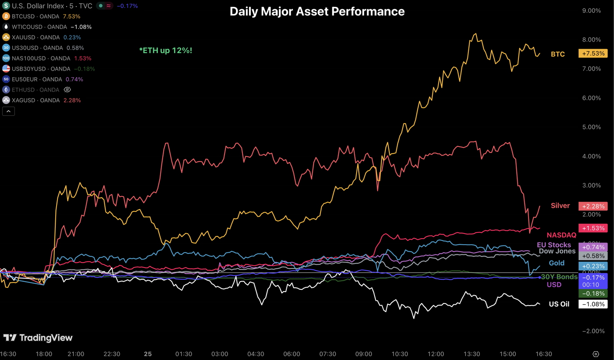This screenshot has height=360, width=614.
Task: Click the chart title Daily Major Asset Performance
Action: tap(317, 11)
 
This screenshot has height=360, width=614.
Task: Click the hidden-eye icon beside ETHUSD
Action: tap(67, 90)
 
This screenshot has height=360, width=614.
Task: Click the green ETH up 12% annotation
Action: tap(166, 51)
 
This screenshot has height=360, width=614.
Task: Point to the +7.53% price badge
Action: tap(593, 53)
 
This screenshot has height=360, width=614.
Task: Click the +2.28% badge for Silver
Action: tap(593, 206)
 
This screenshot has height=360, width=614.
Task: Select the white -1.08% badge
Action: tap(593, 304)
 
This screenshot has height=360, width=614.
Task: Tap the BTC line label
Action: tap(557, 54)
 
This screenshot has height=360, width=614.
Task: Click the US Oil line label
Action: tap(559, 304)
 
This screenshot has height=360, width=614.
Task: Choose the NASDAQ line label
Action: tap(561, 235)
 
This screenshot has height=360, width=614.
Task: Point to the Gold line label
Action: tap(557, 263)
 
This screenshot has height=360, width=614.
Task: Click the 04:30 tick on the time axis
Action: tap(256, 354)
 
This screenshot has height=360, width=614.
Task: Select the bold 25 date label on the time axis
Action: tap(148, 354)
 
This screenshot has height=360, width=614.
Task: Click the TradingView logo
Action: tap(38, 338)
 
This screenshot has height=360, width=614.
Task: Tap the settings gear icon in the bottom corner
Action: tap(596, 354)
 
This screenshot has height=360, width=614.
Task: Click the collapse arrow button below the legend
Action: tap(8, 111)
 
